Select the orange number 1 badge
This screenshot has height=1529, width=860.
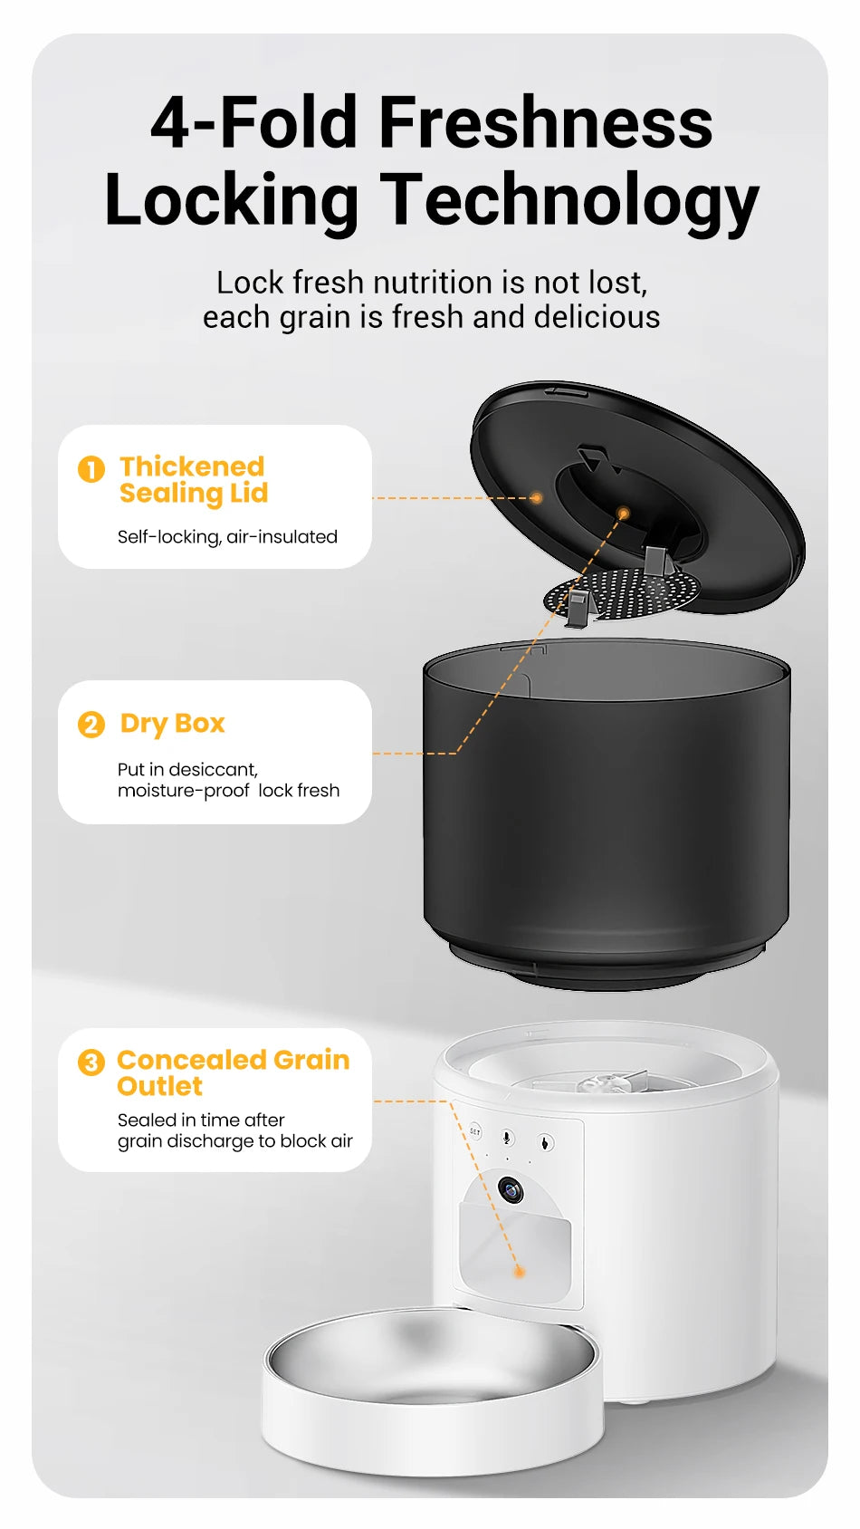[91, 469]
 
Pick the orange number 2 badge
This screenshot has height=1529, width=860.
[91, 725]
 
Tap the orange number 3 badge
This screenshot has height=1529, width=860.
[91, 1062]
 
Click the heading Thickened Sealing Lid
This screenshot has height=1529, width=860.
[193, 479]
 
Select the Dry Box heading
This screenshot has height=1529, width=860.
[172, 724]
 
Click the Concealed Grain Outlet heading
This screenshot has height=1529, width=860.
[232, 1072]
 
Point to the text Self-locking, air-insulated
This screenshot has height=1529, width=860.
[227, 537]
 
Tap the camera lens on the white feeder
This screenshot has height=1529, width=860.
[511, 1189]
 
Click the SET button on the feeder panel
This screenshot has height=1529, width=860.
[475, 1132]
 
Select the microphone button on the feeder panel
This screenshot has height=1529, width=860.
[508, 1138]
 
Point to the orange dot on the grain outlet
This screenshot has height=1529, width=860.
[520, 1272]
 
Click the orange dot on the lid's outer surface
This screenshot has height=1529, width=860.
[537, 498]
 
